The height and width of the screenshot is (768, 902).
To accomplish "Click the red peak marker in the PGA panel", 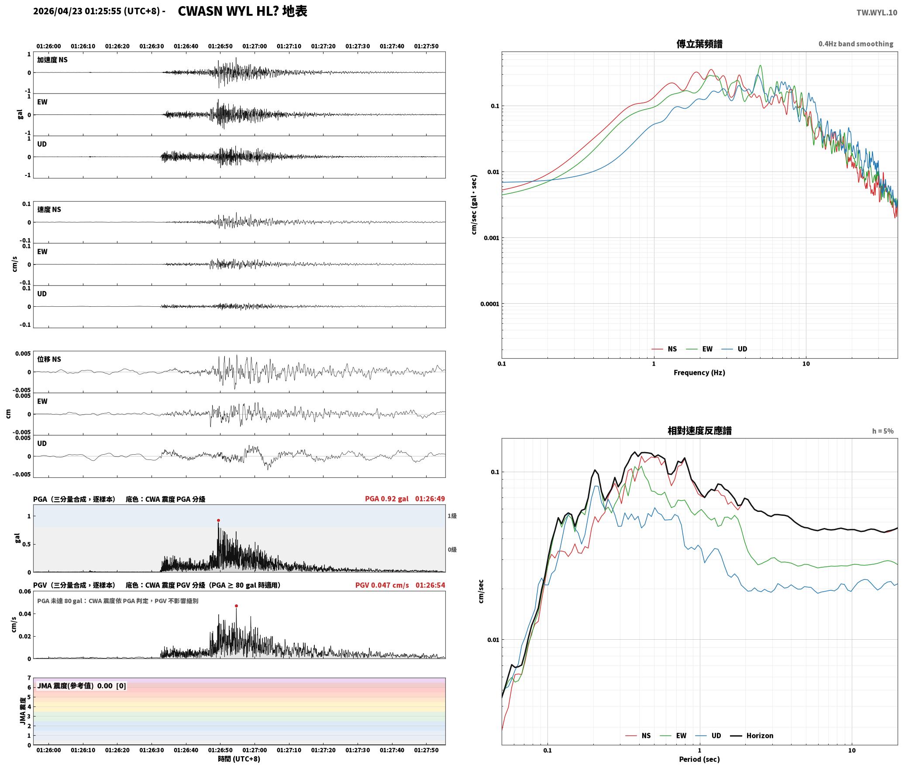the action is pyautogui.click(x=218, y=520).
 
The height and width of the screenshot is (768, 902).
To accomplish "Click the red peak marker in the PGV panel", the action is pyautogui.click(x=236, y=606).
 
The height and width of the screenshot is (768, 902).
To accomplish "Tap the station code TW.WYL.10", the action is pyautogui.click(x=877, y=13).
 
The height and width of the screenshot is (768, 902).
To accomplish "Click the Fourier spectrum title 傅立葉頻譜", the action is pyautogui.click(x=699, y=44).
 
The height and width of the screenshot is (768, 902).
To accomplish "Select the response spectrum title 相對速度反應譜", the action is pyautogui.click(x=699, y=431).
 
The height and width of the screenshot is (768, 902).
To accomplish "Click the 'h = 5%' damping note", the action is pyautogui.click(x=883, y=431).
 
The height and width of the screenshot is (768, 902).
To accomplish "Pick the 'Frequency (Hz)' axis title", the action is pyautogui.click(x=699, y=372).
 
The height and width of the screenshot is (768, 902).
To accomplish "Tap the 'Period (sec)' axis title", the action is pyautogui.click(x=699, y=759).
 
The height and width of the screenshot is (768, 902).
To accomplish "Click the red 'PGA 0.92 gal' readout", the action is pyautogui.click(x=387, y=499).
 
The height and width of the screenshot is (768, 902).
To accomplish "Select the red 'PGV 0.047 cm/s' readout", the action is pyautogui.click(x=382, y=585).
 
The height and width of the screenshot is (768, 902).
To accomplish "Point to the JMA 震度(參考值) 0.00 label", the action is pyautogui.click(x=82, y=686).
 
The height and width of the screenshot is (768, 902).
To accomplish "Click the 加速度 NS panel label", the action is pyautogui.click(x=52, y=60).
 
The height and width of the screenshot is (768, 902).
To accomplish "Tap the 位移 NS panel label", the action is pyautogui.click(x=49, y=359).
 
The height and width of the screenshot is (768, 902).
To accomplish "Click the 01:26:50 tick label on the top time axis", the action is pyautogui.click(x=220, y=46).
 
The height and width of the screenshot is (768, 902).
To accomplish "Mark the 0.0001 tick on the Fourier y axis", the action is pyautogui.click(x=489, y=304).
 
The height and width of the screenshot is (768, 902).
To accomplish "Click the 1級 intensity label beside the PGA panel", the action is pyautogui.click(x=452, y=516).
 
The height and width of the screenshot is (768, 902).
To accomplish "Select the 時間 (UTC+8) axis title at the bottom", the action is pyautogui.click(x=239, y=759).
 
